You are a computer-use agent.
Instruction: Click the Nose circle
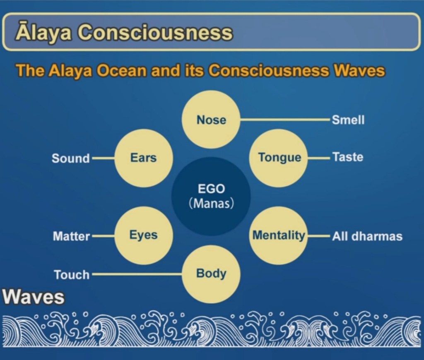[211, 120]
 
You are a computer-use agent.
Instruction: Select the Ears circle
[143, 158]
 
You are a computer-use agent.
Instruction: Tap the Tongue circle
[278, 158]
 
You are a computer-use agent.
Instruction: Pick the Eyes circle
[143, 235]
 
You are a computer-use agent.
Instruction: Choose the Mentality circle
[278, 235]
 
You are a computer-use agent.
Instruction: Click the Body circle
[211, 274]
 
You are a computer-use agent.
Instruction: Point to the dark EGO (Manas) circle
[211, 197]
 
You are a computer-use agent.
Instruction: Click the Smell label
[348, 120]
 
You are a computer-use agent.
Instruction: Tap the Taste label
[348, 157]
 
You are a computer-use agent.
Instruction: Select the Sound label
[70, 158]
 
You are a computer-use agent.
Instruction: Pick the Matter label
[71, 236]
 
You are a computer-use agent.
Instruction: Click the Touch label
[72, 275]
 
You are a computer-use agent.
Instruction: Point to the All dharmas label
[367, 236]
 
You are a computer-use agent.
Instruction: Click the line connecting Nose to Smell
[285, 119]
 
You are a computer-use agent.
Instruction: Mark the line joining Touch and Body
[137, 274]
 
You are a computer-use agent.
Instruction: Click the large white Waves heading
[34, 297]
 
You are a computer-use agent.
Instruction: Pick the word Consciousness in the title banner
[155, 33]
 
